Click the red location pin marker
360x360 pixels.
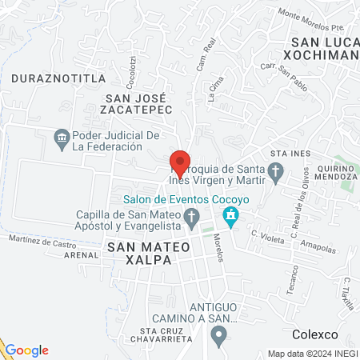click(x=180, y=162)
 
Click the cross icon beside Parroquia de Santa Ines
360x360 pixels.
click(x=275, y=170)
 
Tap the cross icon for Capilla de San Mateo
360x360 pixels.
click(x=190, y=216)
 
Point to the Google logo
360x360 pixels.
click(x=26, y=350)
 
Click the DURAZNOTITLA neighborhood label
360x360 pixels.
click(x=48, y=79)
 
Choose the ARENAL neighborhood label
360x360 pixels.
click(x=80, y=255)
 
